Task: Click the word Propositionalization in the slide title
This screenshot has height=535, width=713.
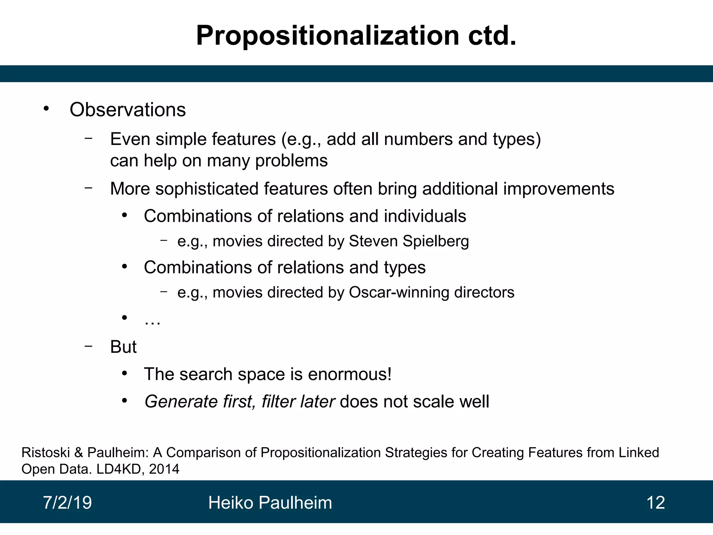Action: pyautogui.click(x=327, y=36)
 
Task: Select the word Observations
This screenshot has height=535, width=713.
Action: pyautogui.click(x=127, y=110)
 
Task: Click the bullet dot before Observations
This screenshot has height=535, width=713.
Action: pyautogui.click(x=46, y=109)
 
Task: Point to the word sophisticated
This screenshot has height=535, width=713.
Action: pyautogui.click(x=206, y=189)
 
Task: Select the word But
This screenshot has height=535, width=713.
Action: pyautogui.click(x=123, y=347)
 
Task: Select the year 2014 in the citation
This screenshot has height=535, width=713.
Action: pyautogui.click(x=164, y=469)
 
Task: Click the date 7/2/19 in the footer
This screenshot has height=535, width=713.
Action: pyautogui.click(x=67, y=503)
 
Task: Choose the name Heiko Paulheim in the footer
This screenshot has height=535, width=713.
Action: pyautogui.click(x=270, y=503)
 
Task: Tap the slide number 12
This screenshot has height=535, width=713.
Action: pyautogui.click(x=655, y=503)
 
